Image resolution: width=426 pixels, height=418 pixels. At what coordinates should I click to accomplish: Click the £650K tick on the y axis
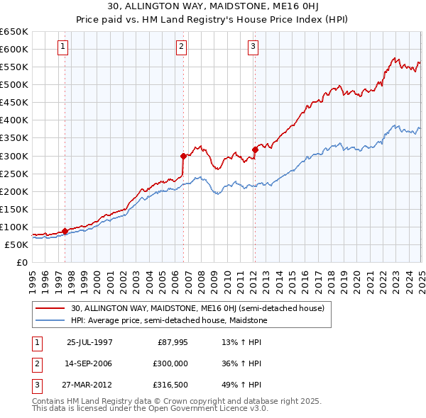(14, 32)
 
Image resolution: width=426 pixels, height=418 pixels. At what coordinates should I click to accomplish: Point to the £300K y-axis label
(14, 156)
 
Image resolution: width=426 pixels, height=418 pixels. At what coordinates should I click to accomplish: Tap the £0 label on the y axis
(21, 262)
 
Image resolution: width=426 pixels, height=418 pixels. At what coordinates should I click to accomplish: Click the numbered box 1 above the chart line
(63, 47)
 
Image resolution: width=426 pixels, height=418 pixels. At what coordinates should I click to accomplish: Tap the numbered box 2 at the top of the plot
(182, 47)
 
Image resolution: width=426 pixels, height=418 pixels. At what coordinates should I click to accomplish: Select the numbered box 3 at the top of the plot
(253, 47)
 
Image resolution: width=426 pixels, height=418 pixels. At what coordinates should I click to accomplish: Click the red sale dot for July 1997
(65, 230)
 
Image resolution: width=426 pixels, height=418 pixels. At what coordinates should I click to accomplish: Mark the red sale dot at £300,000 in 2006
(183, 156)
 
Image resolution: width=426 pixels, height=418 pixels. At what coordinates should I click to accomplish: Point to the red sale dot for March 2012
(255, 149)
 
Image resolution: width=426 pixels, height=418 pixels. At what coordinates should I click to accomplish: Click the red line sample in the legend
(50, 308)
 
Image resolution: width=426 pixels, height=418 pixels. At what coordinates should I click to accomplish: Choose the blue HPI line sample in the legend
(50, 320)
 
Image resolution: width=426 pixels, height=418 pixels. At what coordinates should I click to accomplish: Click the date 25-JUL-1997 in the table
(89, 341)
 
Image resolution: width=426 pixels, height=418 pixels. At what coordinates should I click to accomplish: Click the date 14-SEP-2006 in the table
(89, 363)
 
